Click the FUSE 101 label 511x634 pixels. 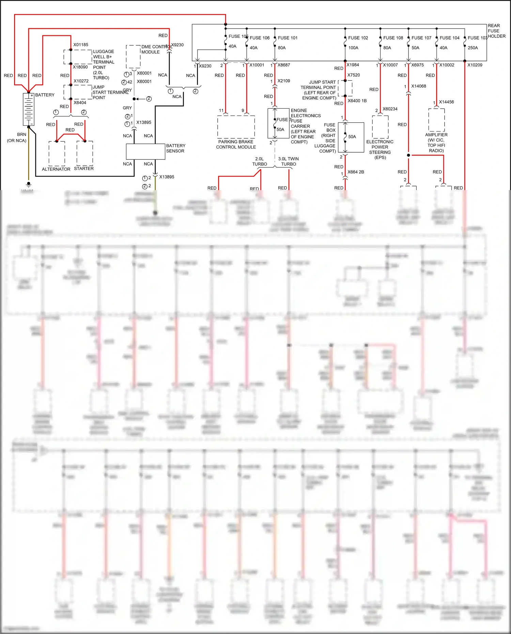(288, 38)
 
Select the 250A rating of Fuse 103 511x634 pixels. (473, 48)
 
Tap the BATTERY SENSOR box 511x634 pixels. (145, 152)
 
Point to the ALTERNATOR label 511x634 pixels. (56, 169)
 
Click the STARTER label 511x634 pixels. (84, 168)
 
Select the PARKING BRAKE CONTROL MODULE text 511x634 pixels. (236, 144)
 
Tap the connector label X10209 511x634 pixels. (475, 65)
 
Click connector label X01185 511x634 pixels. (81, 45)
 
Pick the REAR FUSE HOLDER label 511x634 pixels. (496, 31)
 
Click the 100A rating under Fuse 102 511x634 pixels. (353, 48)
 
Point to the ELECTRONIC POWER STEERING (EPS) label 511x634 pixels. (380, 149)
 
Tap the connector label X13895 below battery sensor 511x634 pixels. (167, 177)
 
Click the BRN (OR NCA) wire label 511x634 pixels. (17, 137)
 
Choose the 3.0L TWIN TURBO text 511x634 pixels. (288, 161)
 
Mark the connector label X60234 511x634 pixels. (390, 109)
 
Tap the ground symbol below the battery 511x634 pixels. (29, 184)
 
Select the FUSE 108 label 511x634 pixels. (393, 38)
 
